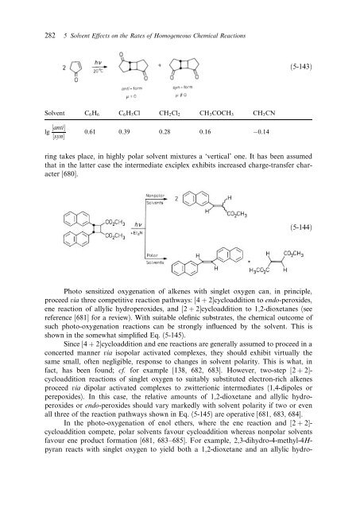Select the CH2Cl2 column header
(168, 113)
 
